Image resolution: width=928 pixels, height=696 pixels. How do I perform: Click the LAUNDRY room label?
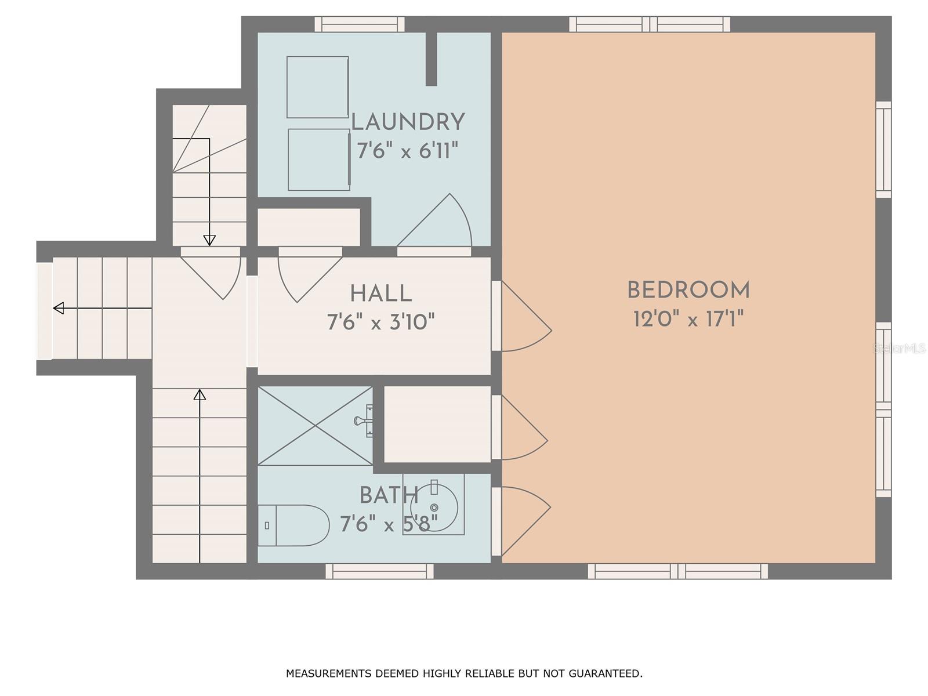(x=408, y=122)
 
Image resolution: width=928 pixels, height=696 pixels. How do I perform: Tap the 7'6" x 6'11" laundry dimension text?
(x=408, y=151)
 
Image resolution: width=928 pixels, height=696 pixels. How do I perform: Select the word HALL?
(x=381, y=293)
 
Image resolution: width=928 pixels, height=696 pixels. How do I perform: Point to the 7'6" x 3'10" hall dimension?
(x=381, y=322)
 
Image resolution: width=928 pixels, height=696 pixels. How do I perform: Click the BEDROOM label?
(x=688, y=291)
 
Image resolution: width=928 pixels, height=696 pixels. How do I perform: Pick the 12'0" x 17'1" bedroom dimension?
(x=688, y=319)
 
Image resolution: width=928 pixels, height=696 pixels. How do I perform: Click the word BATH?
(x=389, y=495)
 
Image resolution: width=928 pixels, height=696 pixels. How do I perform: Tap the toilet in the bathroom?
(x=293, y=525)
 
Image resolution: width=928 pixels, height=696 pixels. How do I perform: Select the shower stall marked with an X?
(x=315, y=426)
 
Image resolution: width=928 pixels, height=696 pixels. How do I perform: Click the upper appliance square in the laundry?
(x=317, y=87)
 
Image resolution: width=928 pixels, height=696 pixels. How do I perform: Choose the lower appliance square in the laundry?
(x=319, y=159)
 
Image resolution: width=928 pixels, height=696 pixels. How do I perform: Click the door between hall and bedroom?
(x=521, y=316)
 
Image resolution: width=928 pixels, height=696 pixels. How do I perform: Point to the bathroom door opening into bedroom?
(x=521, y=521)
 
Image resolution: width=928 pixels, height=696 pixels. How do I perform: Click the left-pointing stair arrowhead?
(x=59, y=308)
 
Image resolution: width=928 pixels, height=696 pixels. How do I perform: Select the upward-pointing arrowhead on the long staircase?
(x=200, y=395)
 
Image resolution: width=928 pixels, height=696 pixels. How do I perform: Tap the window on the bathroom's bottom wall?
(x=380, y=571)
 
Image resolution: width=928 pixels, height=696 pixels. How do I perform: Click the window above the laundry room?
(x=360, y=24)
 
